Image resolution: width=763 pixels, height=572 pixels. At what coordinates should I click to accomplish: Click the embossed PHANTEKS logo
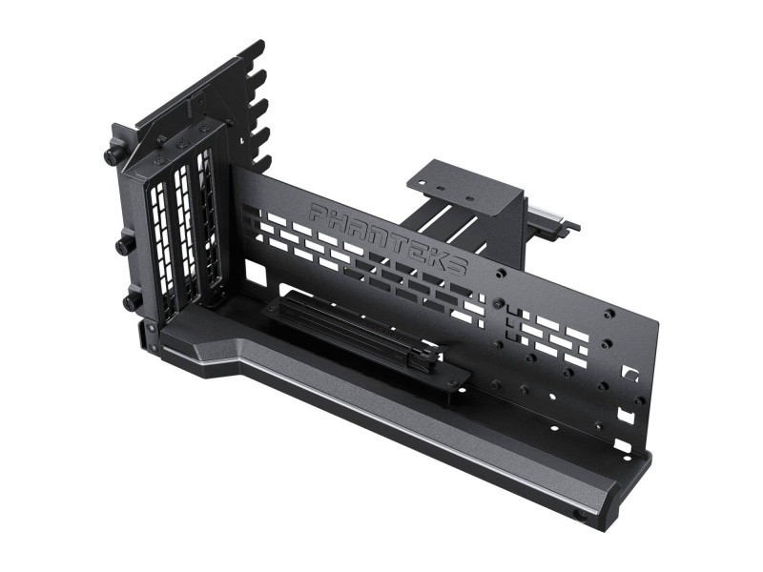[x=388, y=236]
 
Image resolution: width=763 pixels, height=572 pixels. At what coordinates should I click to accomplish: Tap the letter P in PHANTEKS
[x=319, y=212]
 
